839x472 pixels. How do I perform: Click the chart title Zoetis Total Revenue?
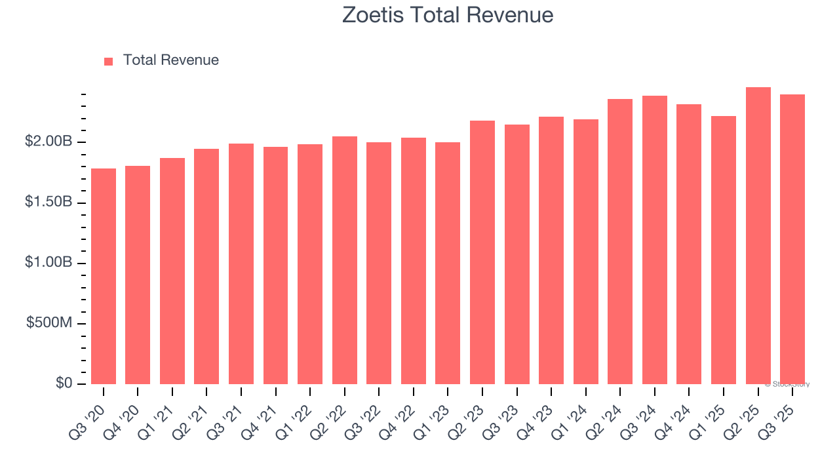click(448, 15)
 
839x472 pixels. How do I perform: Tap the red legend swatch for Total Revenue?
click(109, 61)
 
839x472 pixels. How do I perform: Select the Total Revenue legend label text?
click(170, 60)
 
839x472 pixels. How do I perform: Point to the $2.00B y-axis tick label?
click(49, 142)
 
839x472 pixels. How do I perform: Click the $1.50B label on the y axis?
click(49, 202)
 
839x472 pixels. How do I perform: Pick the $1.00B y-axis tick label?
click(49, 262)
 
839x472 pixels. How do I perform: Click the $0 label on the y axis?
click(64, 383)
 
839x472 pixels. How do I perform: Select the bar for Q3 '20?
click(104, 276)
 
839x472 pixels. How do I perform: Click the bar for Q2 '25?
click(758, 235)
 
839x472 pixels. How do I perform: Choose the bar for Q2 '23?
click(482, 252)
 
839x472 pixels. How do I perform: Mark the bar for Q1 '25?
click(724, 250)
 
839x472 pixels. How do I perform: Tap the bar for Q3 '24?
click(655, 240)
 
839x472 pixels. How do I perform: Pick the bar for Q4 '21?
click(275, 265)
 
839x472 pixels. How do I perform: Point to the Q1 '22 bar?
click(310, 264)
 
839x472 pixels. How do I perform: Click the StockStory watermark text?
click(787, 384)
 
